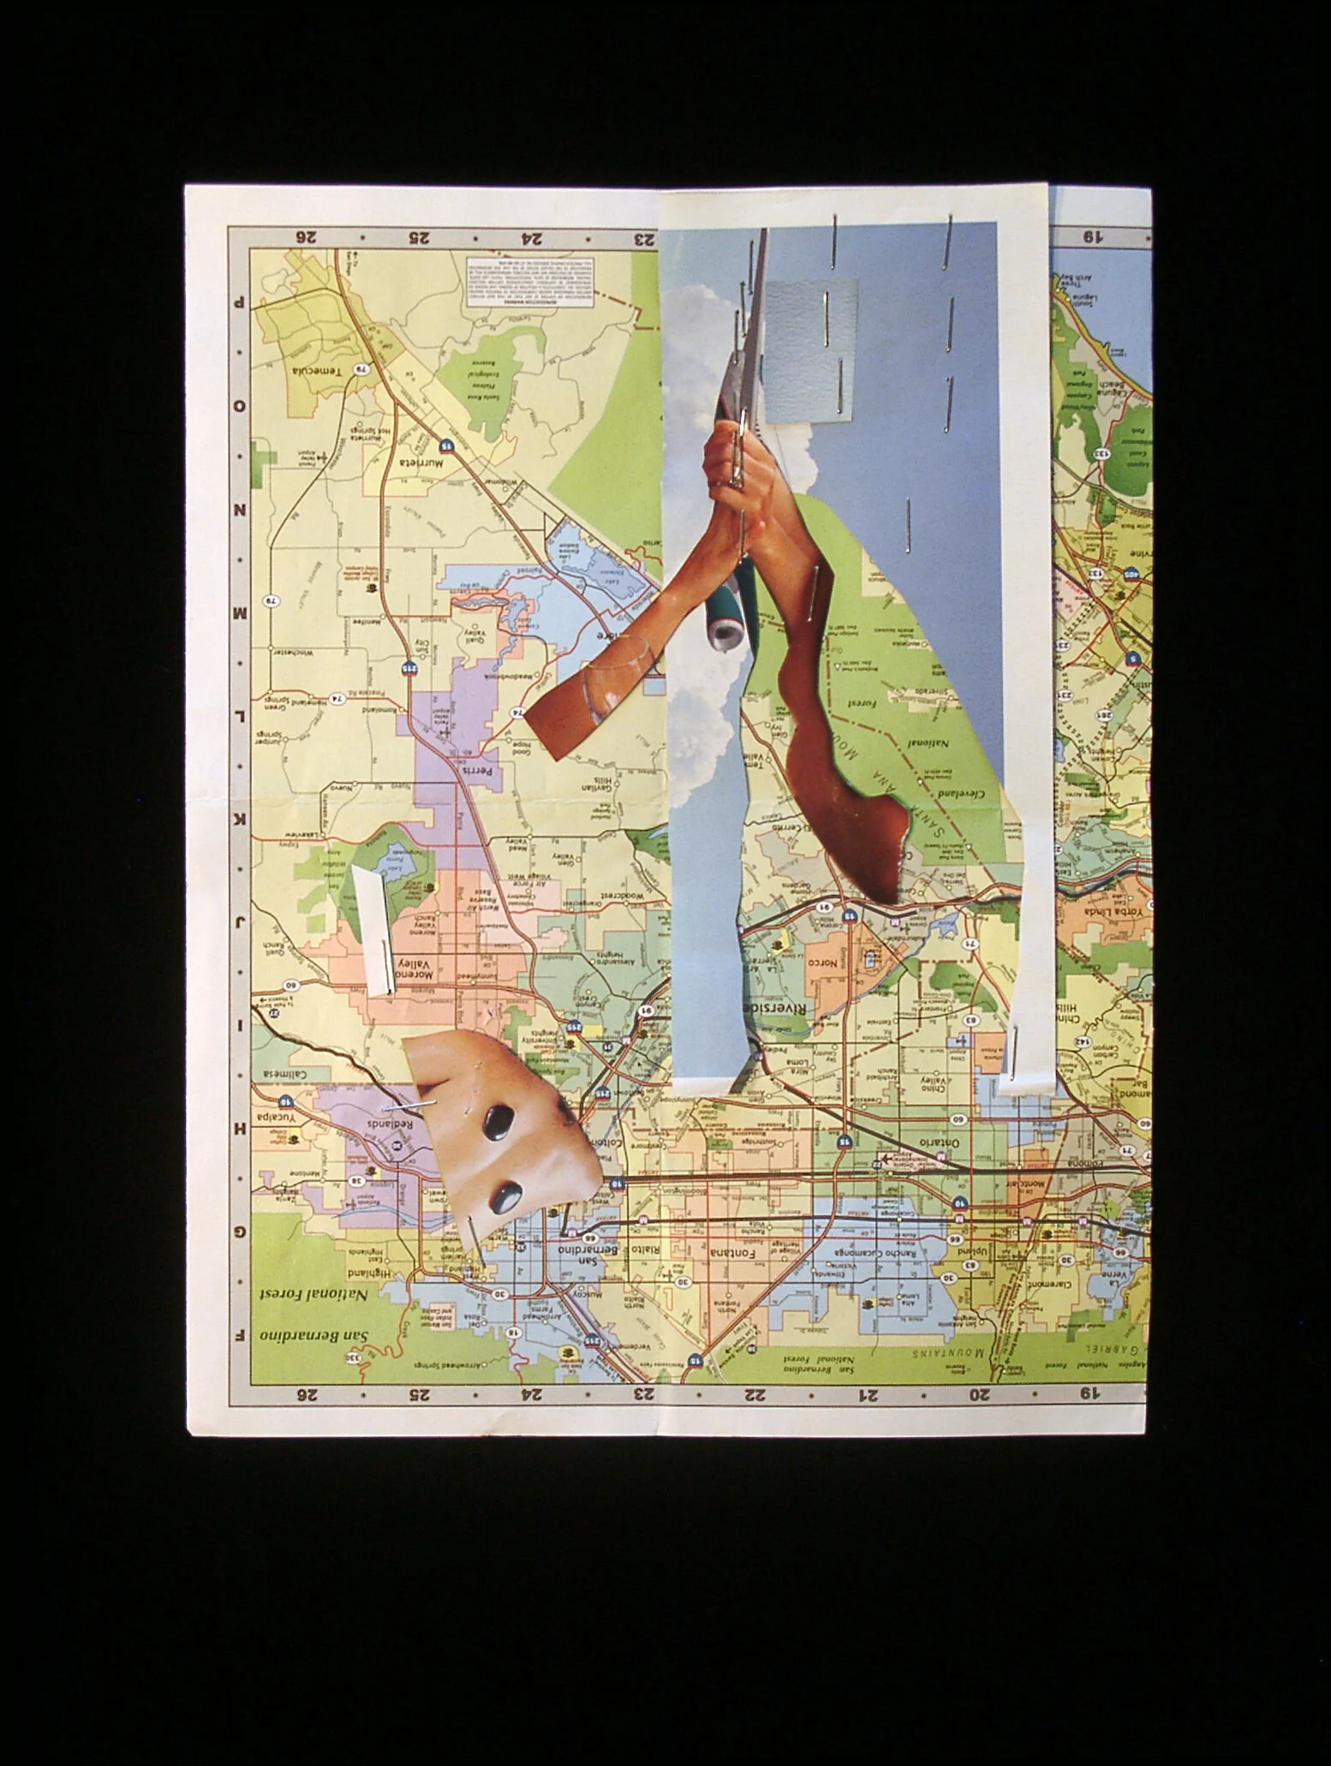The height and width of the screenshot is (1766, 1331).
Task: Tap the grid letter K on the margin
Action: point(241,822)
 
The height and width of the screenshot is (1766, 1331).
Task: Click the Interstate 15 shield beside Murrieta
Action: point(447,445)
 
